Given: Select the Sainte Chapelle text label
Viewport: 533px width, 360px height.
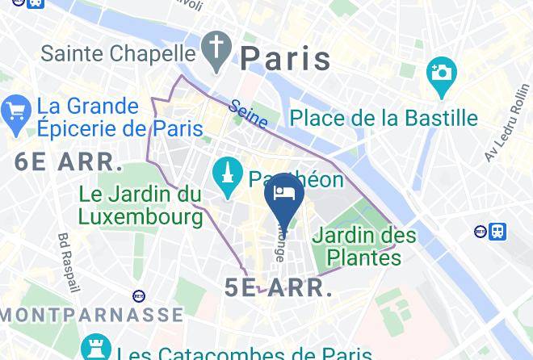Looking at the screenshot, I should pos(119,53).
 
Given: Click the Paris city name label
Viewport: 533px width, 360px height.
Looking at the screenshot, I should pos(286,58).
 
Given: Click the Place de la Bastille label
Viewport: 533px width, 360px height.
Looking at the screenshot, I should pos(384,118).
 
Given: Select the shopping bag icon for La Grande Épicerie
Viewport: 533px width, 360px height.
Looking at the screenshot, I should pos(16,116).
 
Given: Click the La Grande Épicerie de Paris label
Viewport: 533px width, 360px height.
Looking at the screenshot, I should pos(109,117).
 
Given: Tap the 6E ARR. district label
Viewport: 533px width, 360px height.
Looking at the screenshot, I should pos(68,161).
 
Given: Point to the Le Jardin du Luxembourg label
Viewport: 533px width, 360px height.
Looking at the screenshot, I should pos(141,205).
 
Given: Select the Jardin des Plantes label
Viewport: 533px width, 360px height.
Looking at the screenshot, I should pos(364,246).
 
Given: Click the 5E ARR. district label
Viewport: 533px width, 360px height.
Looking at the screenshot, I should pos(279,287).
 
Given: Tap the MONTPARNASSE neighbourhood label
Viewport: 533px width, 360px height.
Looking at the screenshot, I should pos(91,314).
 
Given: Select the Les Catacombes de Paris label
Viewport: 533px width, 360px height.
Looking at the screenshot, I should pos(245,353).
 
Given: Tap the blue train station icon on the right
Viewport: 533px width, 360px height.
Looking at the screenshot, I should pos(497,232).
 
